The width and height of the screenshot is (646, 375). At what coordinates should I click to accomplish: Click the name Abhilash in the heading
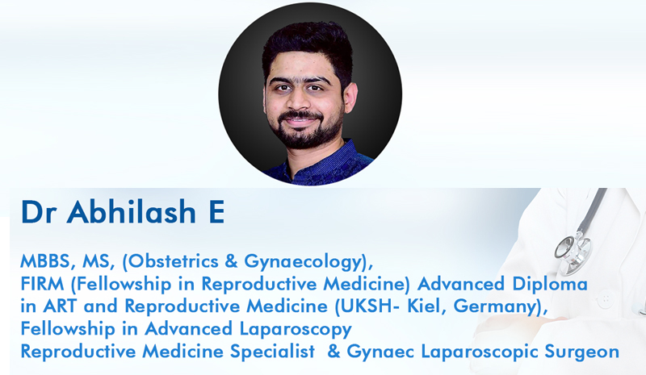131,211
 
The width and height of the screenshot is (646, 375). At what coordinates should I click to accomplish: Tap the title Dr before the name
38,212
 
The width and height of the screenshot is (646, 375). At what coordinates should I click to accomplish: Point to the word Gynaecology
304,262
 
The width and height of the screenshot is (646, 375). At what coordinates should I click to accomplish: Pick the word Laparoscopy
295,329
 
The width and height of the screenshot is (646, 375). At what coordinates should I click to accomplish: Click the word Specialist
272,352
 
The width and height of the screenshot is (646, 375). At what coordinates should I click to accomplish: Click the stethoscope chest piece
570,250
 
